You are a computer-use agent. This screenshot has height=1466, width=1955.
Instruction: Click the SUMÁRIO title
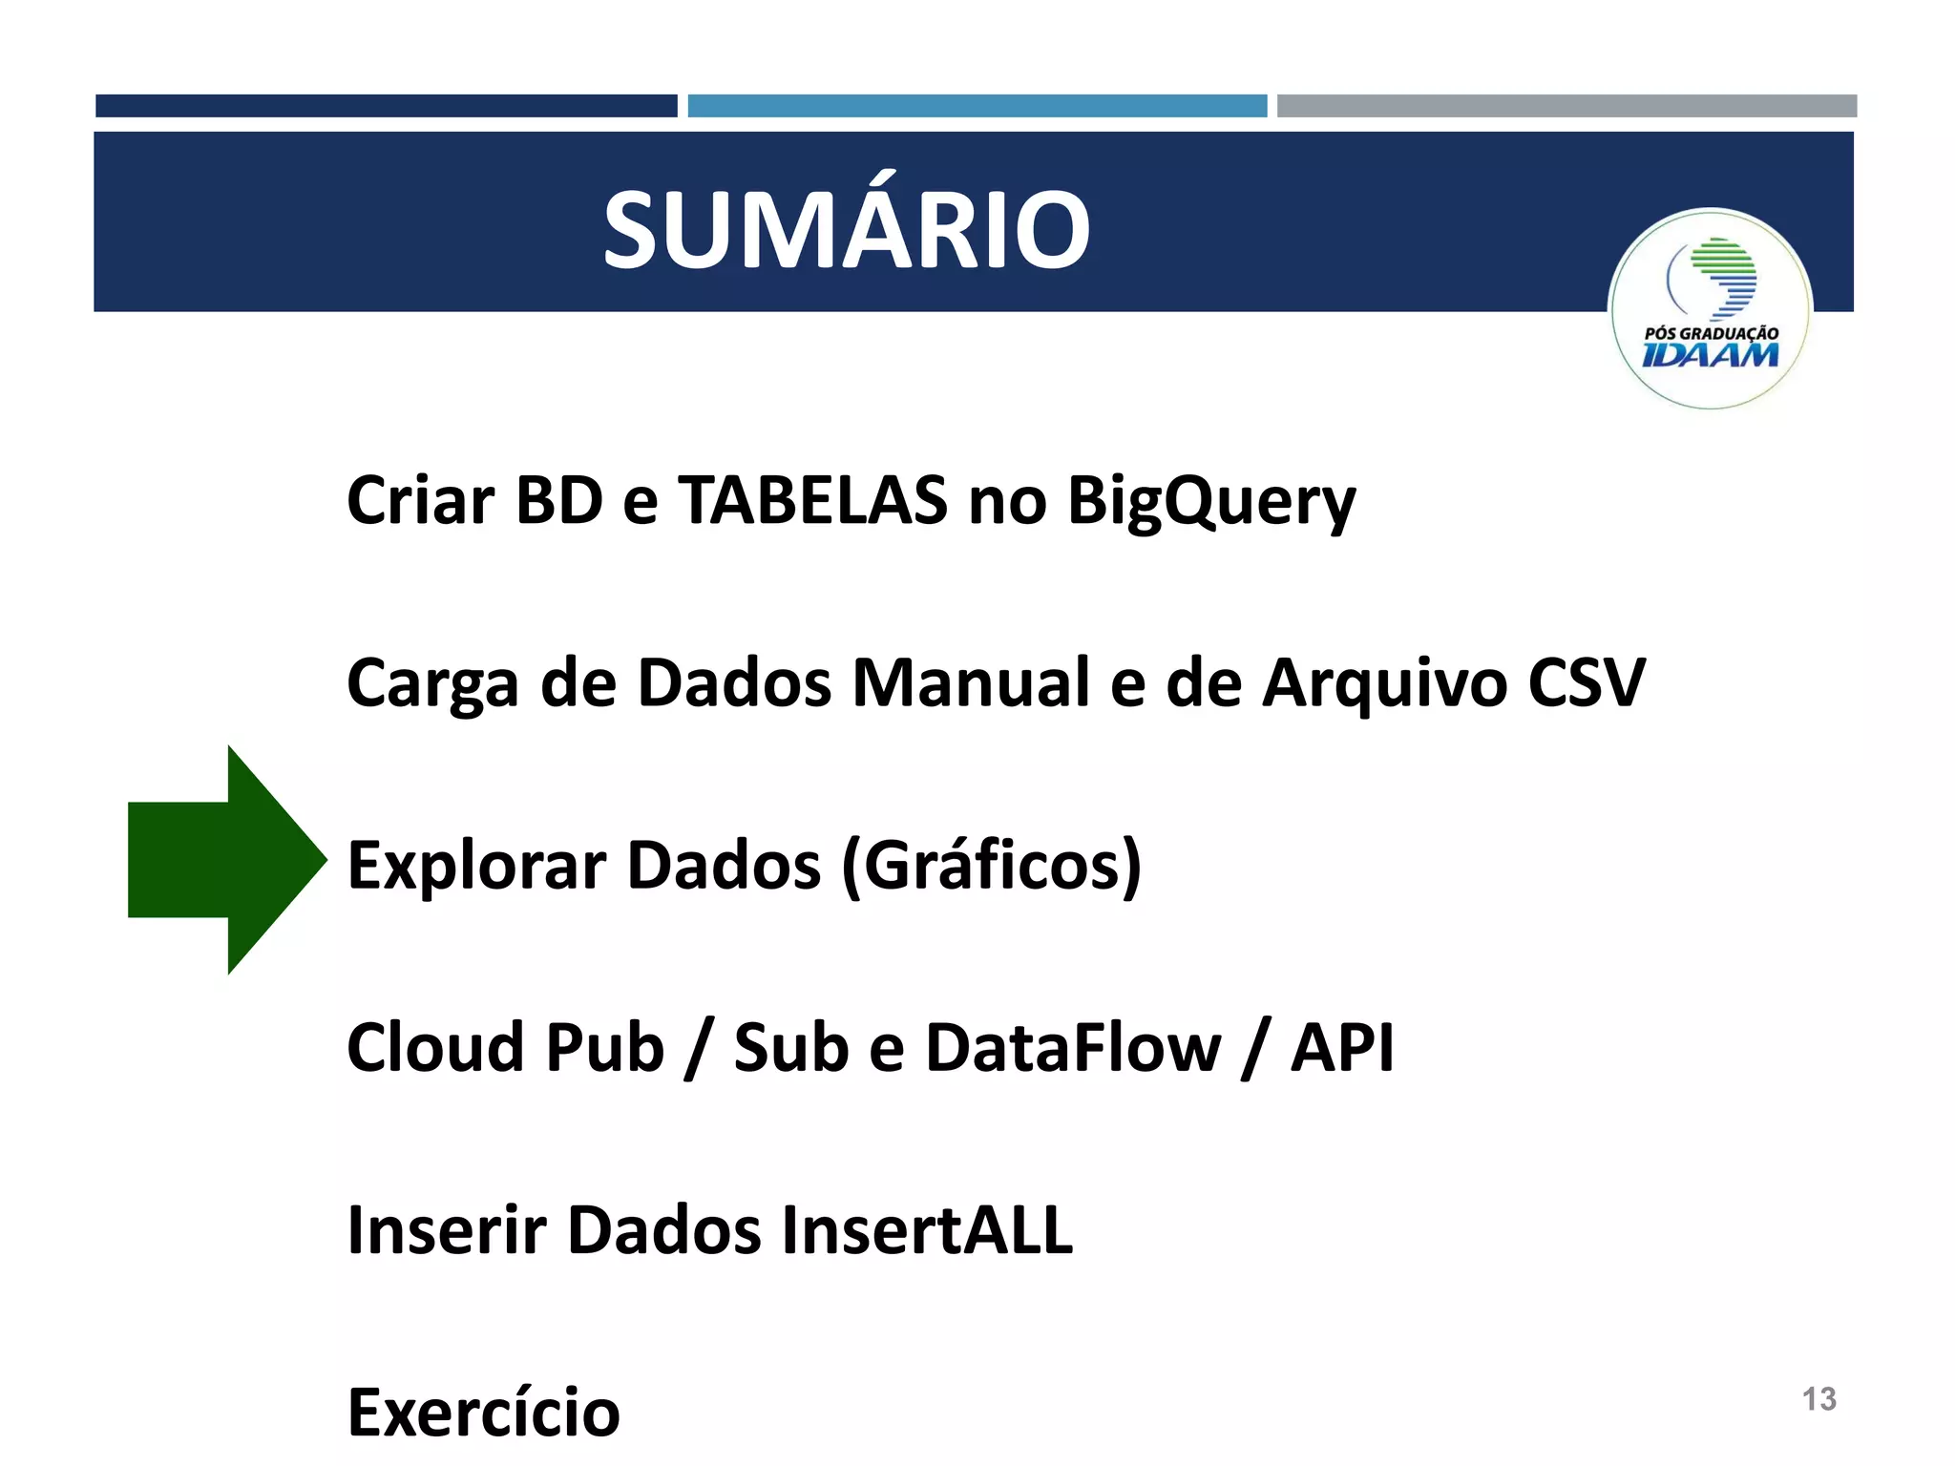pyautogui.click(x=846, y=229)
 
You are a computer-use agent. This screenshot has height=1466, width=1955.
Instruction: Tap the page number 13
pyautogui.click(x=1818, y=1398)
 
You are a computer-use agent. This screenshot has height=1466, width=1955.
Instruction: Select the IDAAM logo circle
pyautogui.click(x=1710, y=308)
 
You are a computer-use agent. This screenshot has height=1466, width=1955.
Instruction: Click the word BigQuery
pyautogui.click(x=1210, y=501)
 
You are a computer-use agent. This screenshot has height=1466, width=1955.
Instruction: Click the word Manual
pyautogui.click(x=970, y=682)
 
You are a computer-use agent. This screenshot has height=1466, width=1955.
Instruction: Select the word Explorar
pyautogui.click(x=476, y=865)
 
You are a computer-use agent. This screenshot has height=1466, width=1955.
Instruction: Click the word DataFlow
pyautogui.click(x=1072, y=1047)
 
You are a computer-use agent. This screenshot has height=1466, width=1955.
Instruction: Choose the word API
pyautogui.click(x=1341, y=1047)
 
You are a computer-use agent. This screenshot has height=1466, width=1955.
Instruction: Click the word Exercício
pyautogui.click(x=483, y=1412)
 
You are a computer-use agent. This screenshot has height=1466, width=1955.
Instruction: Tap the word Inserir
pyautogui.click(x=446, y=1229)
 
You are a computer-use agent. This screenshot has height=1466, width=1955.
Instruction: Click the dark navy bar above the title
pyautogui.click(x=386, y=106)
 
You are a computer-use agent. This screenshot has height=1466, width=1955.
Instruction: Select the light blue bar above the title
pyautogui.click(x=977, y=106)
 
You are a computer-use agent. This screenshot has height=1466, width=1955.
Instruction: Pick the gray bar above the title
pyautogui.click(x=1566, y=106)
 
